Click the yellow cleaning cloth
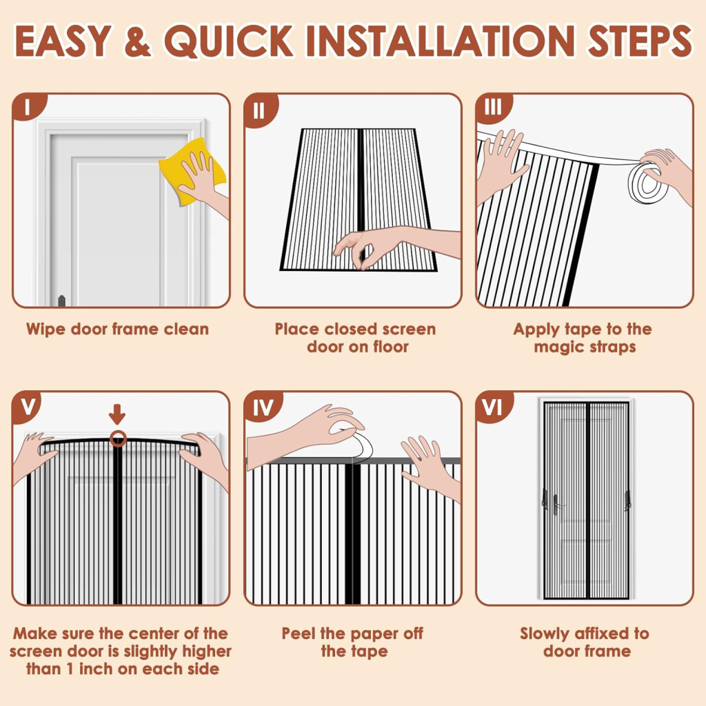[x=192, y=171]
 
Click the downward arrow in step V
[x=117, y=414]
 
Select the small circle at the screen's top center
[x=118, y=438]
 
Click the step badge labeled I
[x=28, y=108]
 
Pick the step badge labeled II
[x=260, y=110]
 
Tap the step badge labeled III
[x=492, y=108]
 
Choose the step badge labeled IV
[x=263, y=407]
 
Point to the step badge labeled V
[x=28, y=407]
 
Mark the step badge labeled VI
[x=492, y=407]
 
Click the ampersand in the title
[x=137, y=41]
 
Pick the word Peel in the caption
[x=299, y=634]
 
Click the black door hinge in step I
[x=61, y=301]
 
